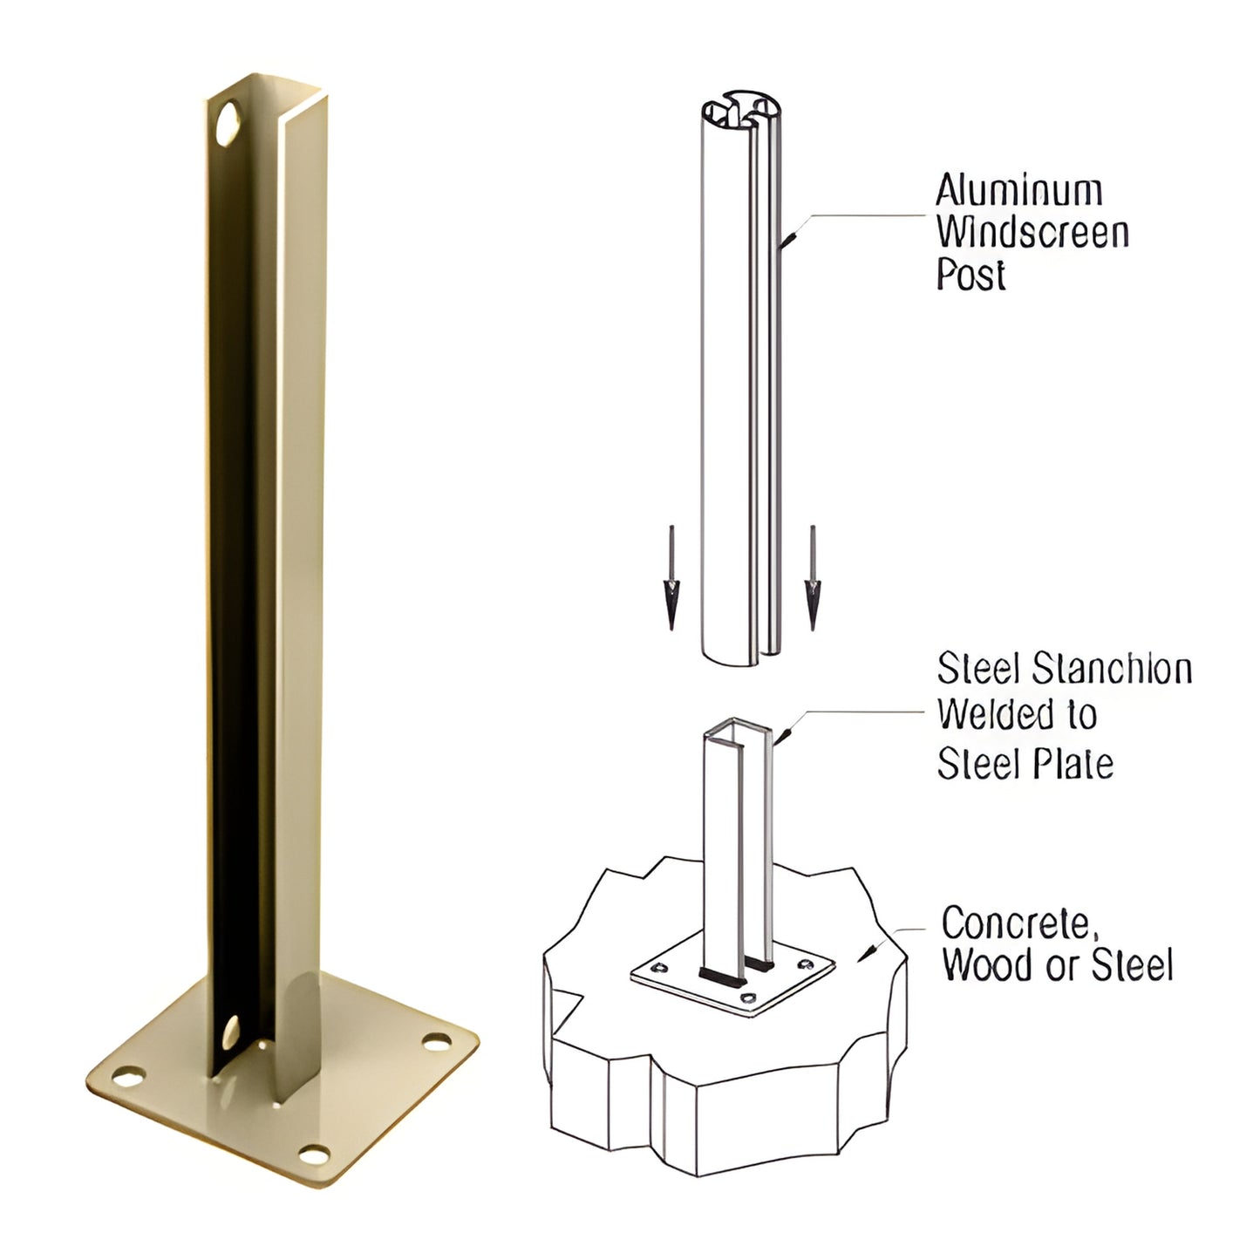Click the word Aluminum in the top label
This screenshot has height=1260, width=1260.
point(1018,191)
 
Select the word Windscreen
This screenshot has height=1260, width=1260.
point(1032,233)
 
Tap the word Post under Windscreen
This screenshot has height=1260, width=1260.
point(971,275)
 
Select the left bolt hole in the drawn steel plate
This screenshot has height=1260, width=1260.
point(661,967)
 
